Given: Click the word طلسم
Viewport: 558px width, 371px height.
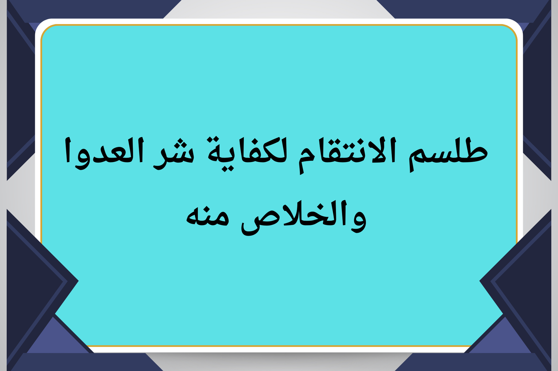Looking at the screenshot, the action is pos(448,154).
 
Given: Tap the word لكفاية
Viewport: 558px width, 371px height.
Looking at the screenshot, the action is pos(247,154).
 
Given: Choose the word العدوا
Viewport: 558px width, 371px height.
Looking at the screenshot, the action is pos(103,154).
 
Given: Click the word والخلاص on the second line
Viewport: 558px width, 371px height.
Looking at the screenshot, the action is pos(303,218).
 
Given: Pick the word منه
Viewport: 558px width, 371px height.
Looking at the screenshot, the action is pos(208,216).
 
